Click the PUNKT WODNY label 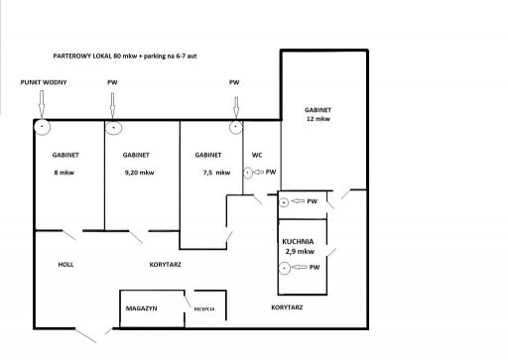[44, 82]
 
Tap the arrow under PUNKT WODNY [42, 104]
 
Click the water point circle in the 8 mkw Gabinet [43, 127]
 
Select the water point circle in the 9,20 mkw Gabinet [114, 128]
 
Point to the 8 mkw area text [64, 173]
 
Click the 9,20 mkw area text [139, 173]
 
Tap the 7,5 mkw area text [216, 173]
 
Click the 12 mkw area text [318, 119]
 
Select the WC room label [257, 155]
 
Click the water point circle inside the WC [248, 173]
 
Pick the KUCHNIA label [298, 241]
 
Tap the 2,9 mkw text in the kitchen [300, 252]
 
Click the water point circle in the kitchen [285, 268]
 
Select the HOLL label [65, 265]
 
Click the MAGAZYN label [141, 308]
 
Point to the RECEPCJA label [204, 309]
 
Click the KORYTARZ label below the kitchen [287, 307]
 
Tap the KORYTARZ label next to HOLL [166, 265]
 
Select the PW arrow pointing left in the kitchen [300, 267]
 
